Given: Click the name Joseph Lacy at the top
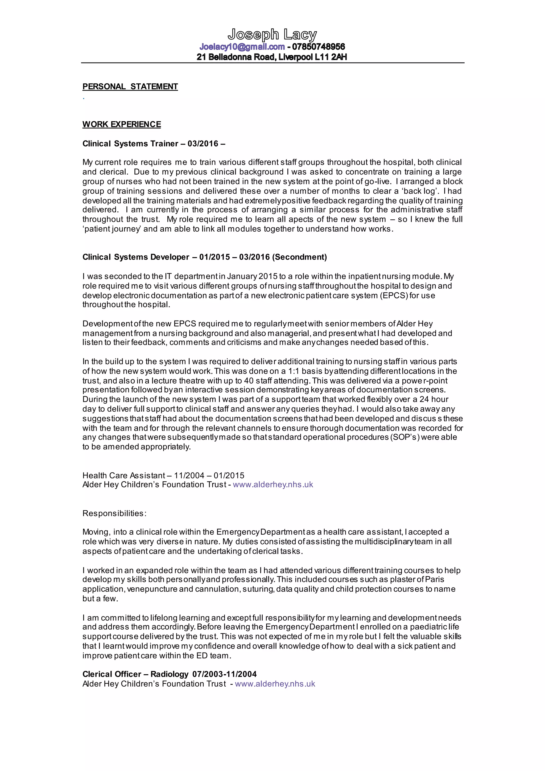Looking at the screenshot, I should (x=272, y=35).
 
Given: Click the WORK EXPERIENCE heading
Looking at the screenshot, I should (x=122, y=125).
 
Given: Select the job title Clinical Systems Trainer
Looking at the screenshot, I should (x=130, y=144).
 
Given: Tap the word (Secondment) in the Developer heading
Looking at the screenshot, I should (x=299, y=257).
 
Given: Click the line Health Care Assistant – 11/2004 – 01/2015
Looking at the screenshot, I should (x=163, y=475).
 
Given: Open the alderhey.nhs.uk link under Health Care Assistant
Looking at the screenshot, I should (x=273, y=485).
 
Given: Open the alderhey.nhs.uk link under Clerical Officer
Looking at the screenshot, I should (x=275, y=684).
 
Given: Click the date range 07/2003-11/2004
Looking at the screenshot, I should (x=225, y=674).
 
